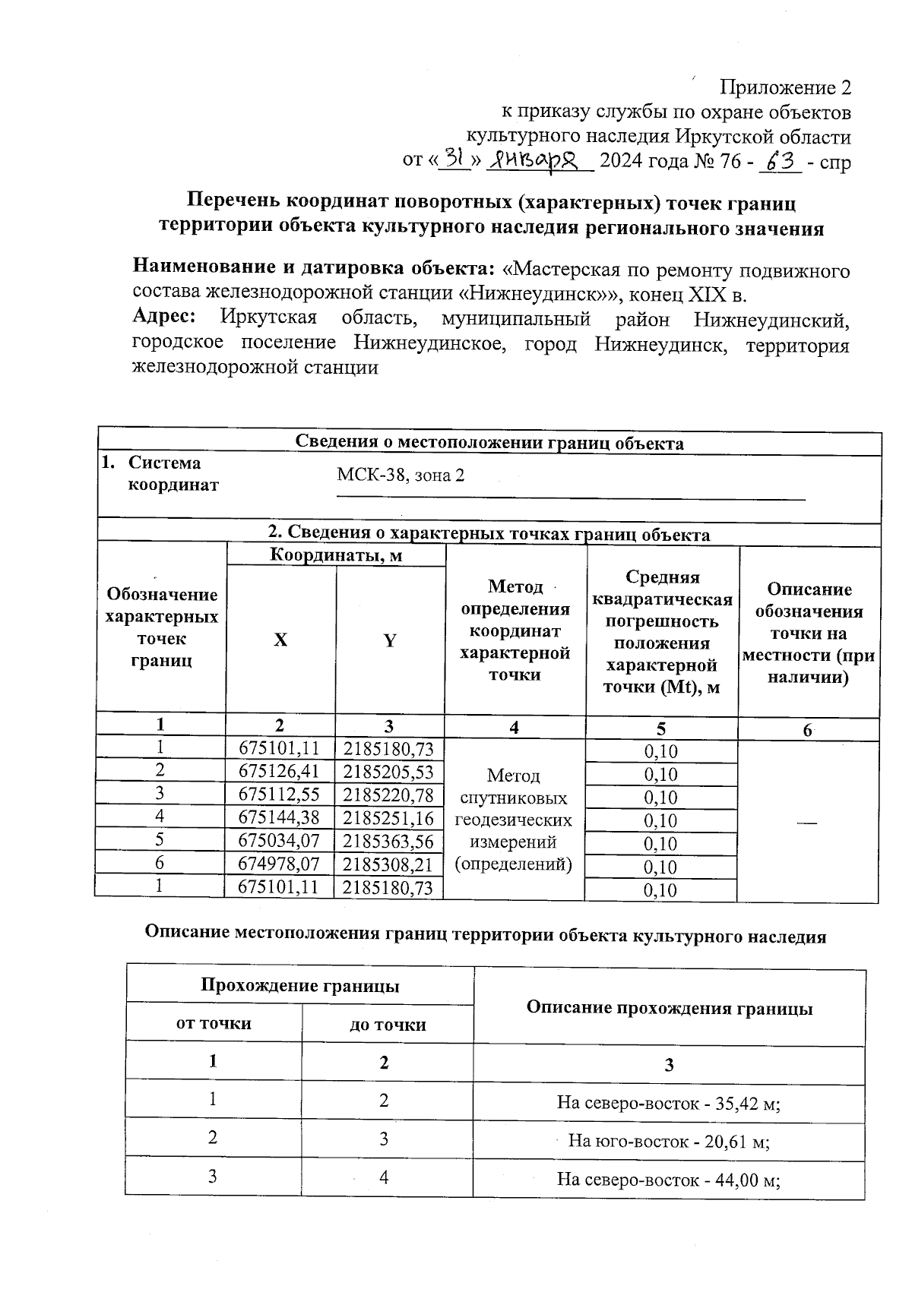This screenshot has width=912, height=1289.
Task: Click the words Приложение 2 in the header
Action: coord(785,88)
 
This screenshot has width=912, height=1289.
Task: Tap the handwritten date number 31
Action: coord(454,159)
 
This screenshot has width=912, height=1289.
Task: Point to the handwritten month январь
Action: coord(540,160)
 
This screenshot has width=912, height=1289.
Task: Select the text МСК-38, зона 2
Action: coord(401,475)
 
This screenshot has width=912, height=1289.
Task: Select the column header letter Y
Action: coord(389,640)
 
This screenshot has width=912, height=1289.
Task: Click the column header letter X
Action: coord(280,640)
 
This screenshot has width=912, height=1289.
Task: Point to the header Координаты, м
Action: coord(336,555)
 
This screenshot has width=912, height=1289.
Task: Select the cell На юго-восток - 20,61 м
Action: coord(669,1140)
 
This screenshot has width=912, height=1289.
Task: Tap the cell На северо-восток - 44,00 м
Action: coord(669,1180)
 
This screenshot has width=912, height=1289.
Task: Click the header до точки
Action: coord(388,1025)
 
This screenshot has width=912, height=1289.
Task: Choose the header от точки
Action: coord(214,1023)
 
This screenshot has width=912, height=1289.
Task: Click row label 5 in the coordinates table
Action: coord(160,839)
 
